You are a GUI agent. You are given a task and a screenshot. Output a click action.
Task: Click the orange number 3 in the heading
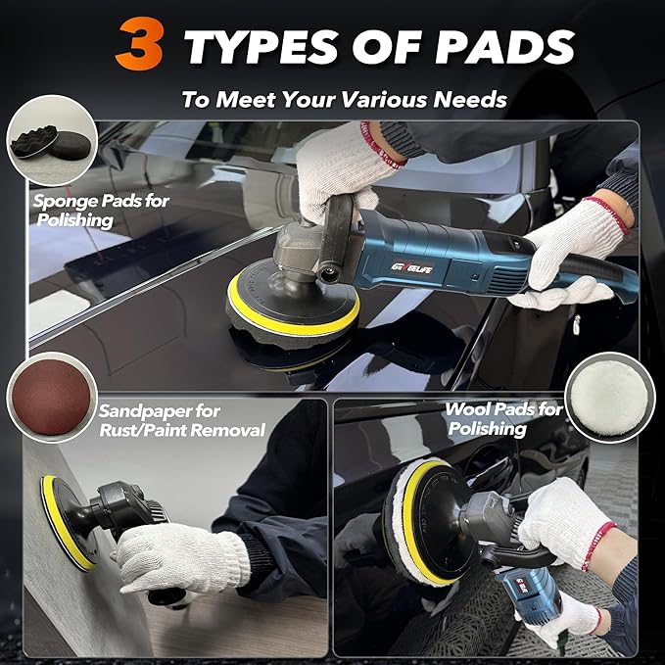(x=138, y=46)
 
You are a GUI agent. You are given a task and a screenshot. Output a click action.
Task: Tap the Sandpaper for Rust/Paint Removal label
(x=181, y=420)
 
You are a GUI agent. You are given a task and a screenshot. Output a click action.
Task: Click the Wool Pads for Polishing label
(x=502, y=419)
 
